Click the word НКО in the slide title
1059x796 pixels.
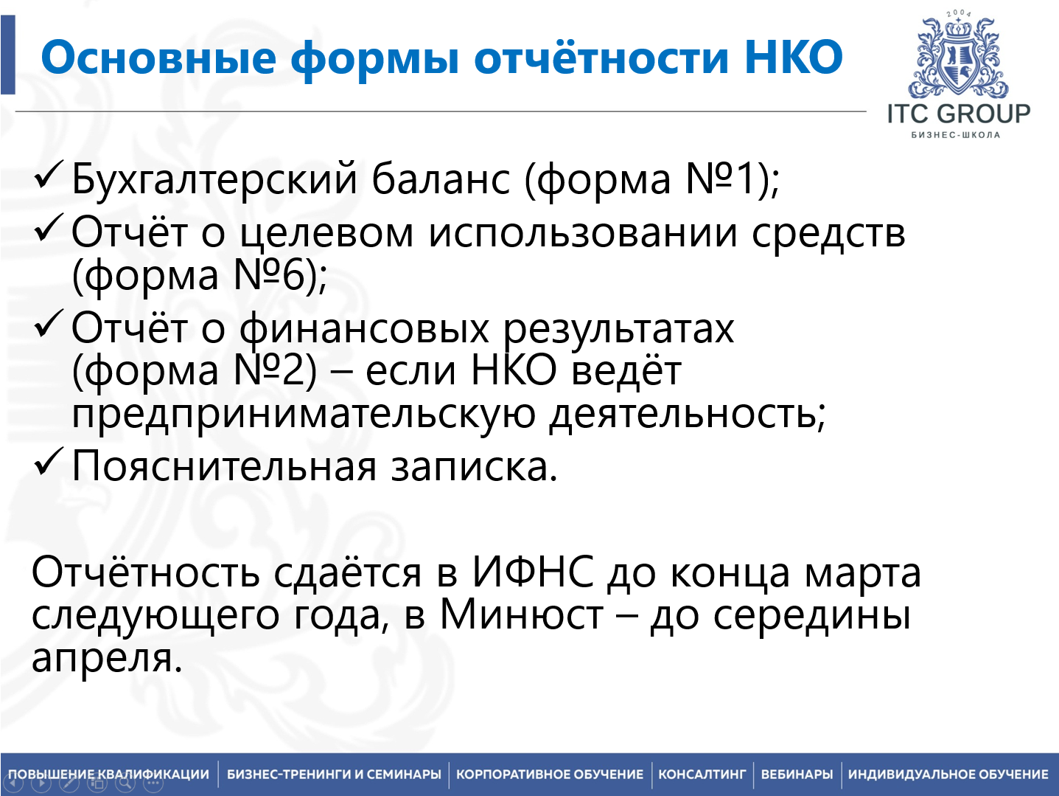(794, 57)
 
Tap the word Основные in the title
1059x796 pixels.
(158, 57)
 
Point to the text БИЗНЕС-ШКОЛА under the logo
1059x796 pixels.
(956, 135)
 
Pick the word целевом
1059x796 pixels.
(326, 234)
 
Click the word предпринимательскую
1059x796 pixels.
(304, 415)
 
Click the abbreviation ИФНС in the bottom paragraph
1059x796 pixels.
(533, 572)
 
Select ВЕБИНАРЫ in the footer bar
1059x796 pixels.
(797, 775)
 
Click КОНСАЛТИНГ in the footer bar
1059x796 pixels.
(702, 775)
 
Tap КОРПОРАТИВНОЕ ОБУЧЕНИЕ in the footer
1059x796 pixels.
(550, 775)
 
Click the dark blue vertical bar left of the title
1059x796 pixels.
(7, 55)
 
